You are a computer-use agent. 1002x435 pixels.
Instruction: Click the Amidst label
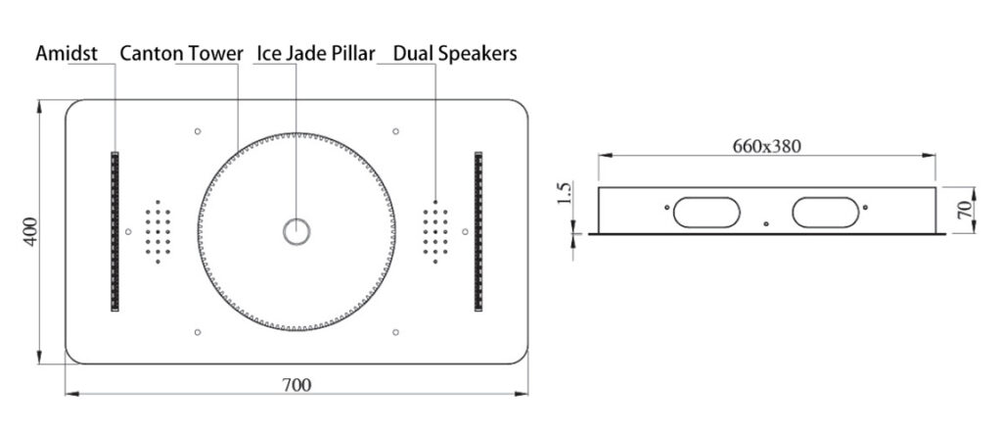[x=67, y=53]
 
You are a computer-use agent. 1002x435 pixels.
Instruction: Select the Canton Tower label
[x=181, y=53]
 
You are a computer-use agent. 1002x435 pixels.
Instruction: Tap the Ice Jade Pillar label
[x=316, y=54]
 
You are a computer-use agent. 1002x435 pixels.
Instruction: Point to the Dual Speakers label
[x=455, y=54]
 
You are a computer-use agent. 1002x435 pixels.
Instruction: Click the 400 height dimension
[x=30, y=232]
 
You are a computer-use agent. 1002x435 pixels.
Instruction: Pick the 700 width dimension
[x=296, y=385]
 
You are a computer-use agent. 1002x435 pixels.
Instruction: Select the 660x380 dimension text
[x=766, y=147]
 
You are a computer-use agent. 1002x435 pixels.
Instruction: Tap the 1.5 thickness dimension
[x=565, y=193]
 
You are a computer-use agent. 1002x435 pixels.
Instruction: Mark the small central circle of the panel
[x=296, y=231]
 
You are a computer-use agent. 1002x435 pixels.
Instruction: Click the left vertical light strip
[x=115, y=231]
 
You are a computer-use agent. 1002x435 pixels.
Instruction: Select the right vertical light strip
[x=478, y=231]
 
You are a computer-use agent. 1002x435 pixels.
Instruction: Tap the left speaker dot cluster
[x=158, y=231]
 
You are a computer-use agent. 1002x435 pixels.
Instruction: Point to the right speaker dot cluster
[x=435, y=231]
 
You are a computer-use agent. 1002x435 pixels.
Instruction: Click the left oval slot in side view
[x=706, y=213]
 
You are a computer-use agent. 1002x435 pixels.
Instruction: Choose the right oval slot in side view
[x=826, y=213]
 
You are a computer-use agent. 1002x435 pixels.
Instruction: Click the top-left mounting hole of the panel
[x=198, y=131]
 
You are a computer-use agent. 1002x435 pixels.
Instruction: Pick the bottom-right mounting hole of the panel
[x=395, y=332]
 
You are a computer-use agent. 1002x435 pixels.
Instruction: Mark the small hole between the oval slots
[x=766, y=224]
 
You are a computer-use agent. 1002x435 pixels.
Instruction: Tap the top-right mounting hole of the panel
[x=395, y=131]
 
